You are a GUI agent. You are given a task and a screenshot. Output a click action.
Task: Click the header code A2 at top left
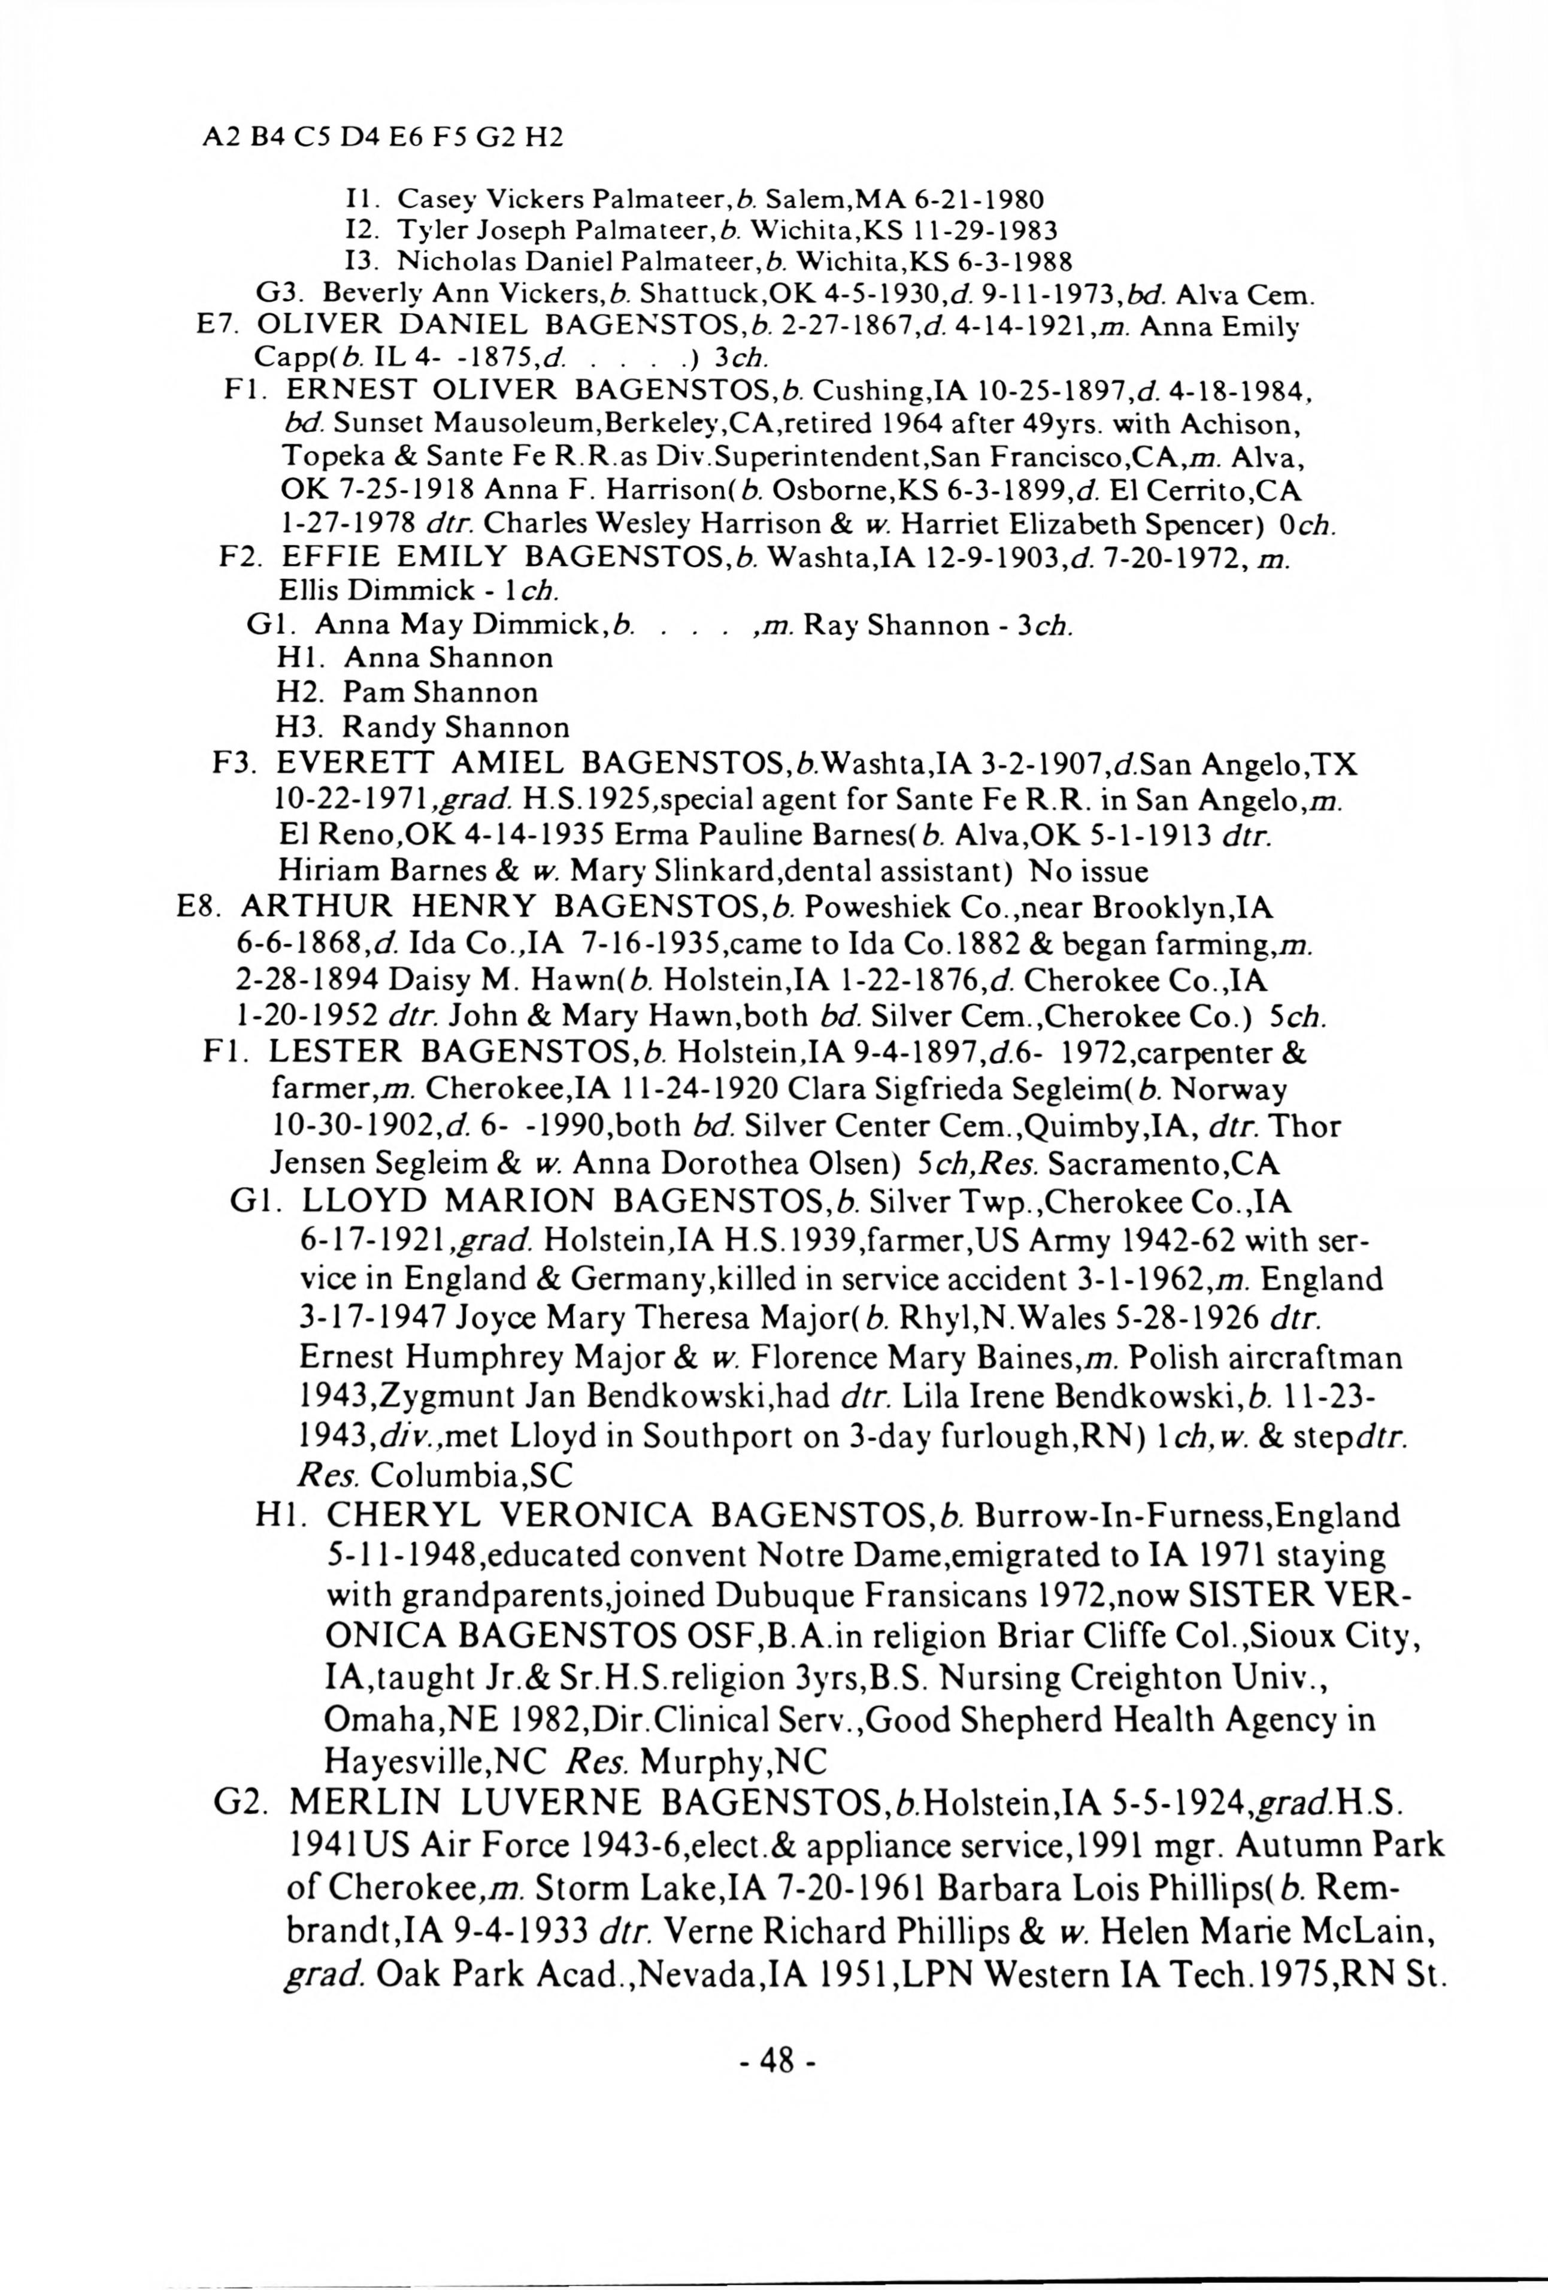[216, 137]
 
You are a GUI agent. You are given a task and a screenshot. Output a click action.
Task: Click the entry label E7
[215, 325]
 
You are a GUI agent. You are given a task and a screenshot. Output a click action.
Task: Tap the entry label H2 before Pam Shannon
[296, 692]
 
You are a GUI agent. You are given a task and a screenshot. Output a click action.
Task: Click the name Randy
[388, 728]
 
